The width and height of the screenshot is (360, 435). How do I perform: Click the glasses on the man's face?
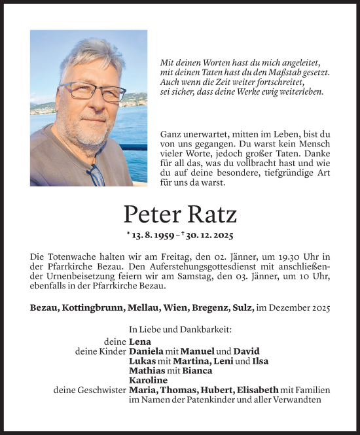click(x=93, y=91)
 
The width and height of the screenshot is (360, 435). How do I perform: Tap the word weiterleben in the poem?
click(x=302, y=93)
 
